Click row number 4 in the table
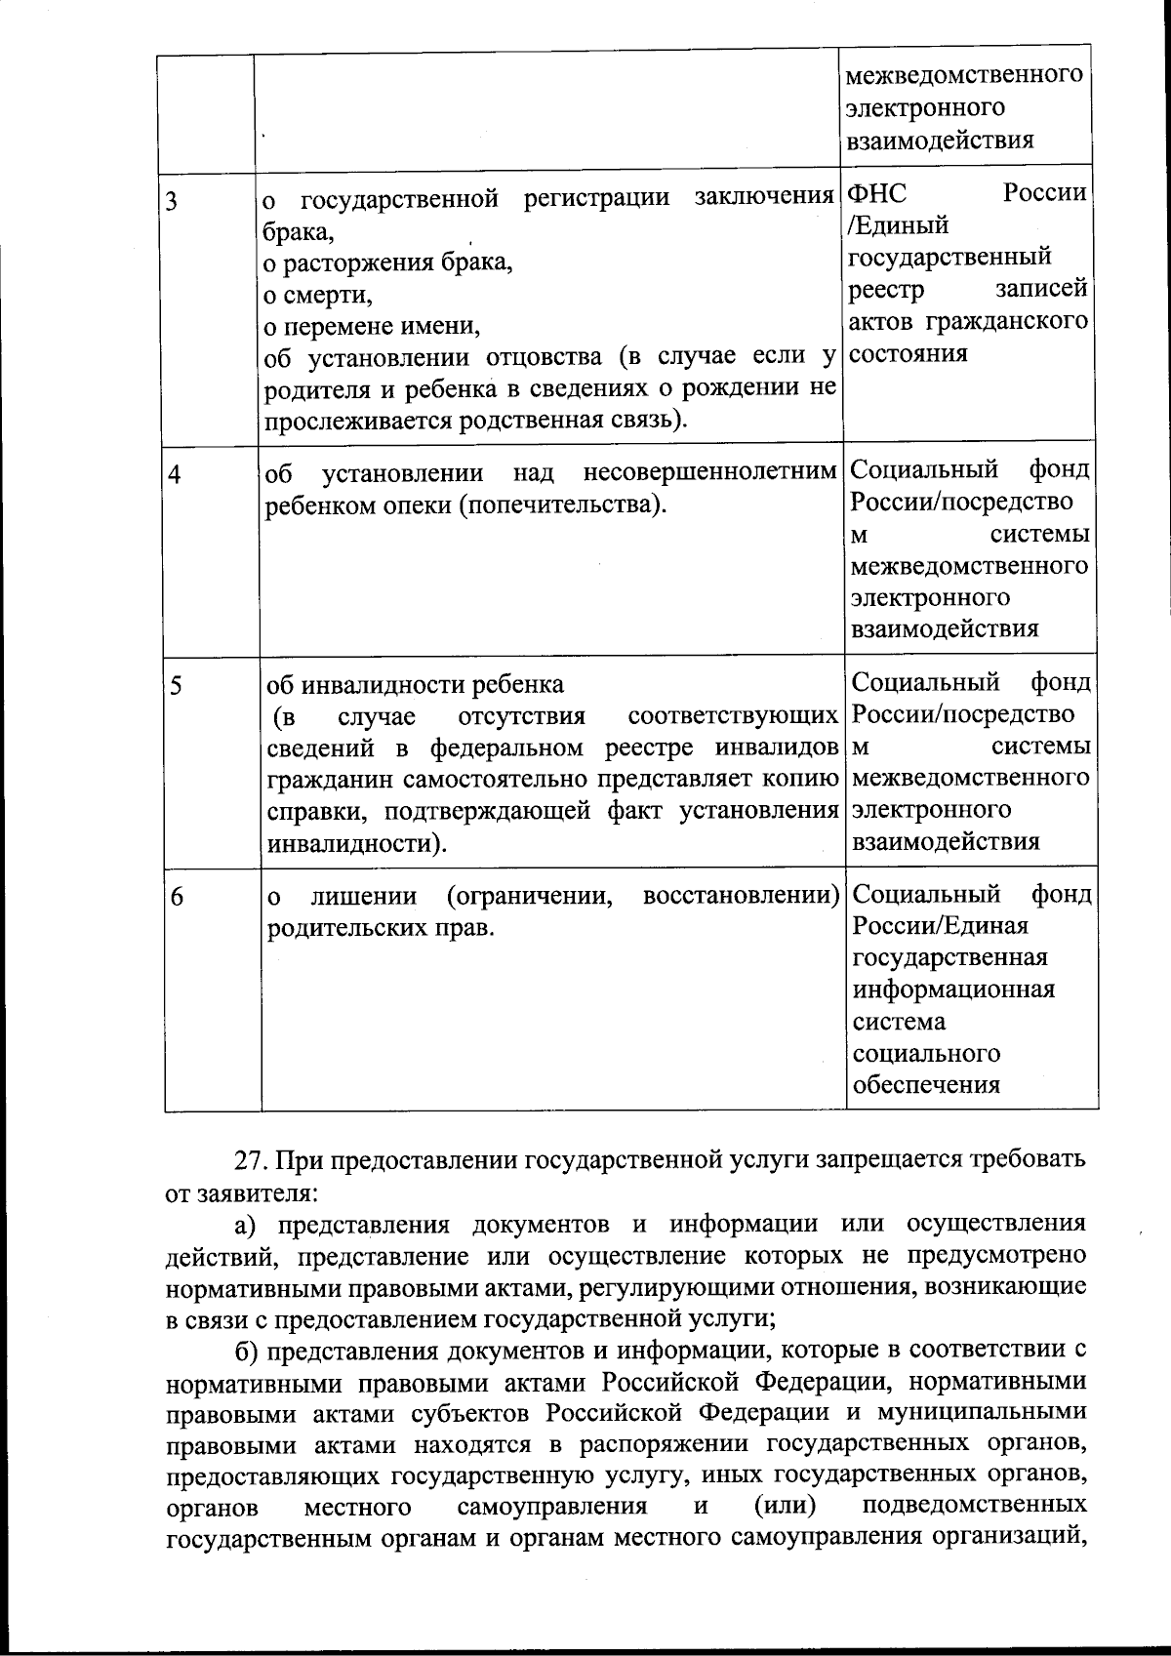point(174,475)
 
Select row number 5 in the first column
point(175,686)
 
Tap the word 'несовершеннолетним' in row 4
point(710,473)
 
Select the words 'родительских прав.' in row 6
point(382,927)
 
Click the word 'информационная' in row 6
point(953,990)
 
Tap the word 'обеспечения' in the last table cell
point(926,1085)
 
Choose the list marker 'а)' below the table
point(247,1224)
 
